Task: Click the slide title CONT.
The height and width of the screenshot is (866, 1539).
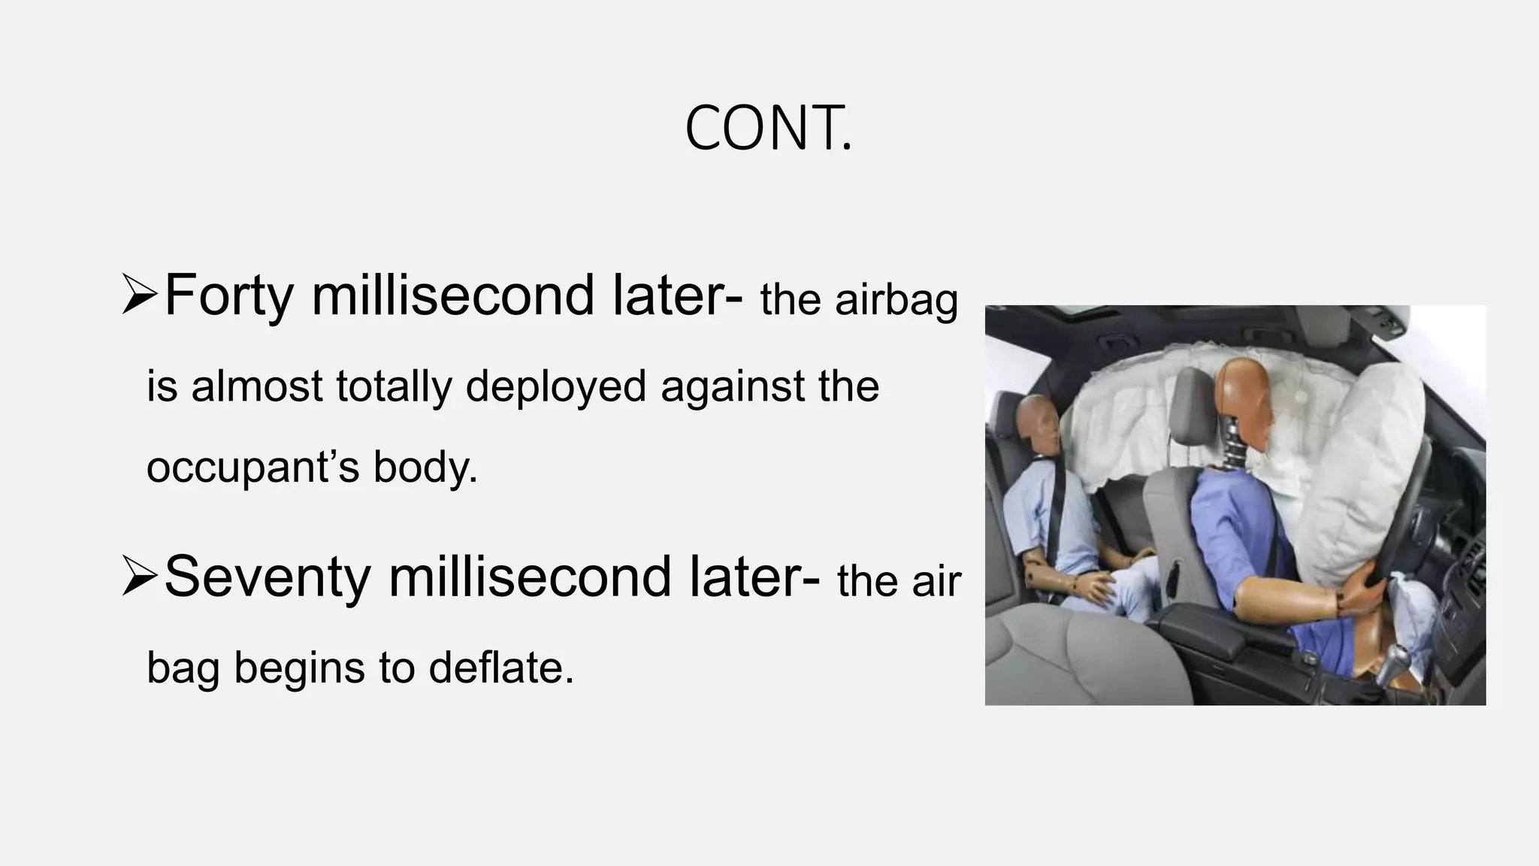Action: click(x=768, y=129)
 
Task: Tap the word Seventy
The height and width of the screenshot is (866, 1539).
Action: click(x=267, y=577)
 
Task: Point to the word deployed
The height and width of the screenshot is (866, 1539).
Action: click(x=555, y=387)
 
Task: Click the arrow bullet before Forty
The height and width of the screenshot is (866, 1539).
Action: click(x=139, y=295)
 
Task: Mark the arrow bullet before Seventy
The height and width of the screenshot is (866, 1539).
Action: click(x=139, y=577)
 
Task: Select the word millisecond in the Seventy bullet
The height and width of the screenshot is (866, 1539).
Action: click(x=529, y=577)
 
